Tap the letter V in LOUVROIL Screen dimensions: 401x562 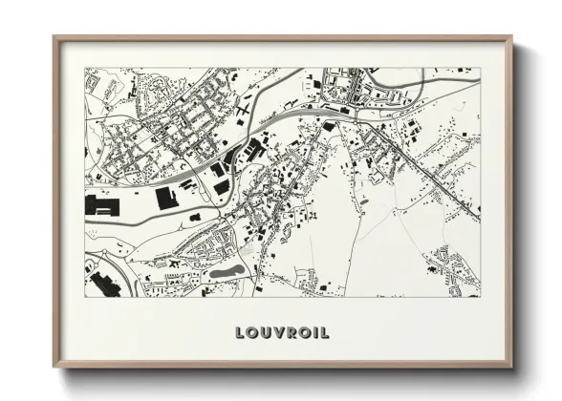(274, 333)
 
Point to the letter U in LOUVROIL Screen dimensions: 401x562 (263, 333)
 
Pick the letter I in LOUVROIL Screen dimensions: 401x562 (312, 333)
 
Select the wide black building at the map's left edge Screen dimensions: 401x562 (102, 204)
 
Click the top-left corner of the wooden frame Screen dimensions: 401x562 (54, 38)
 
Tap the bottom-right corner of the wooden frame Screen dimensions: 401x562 (511, 366)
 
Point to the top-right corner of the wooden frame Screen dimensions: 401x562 (511, 38)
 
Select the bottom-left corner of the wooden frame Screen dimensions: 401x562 (54, 366)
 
